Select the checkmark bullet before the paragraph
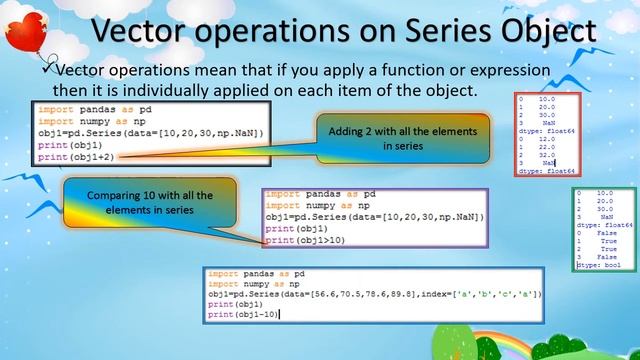(46, 70)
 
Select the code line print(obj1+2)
(69, 157)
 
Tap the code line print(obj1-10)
(243, 315)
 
